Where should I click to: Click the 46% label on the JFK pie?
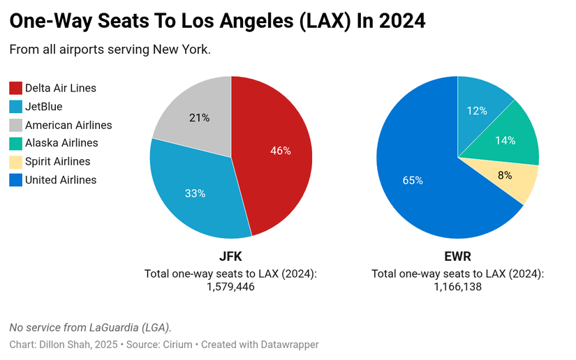click(281, 150)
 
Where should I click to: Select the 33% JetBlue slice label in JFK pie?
click(195, 193)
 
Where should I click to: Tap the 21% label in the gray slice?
click(200, 117)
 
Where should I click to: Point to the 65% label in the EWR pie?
click(413, 180)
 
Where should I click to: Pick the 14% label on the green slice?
click(505, 140)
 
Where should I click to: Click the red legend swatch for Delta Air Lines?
click(15, 89)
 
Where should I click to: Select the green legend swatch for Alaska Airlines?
click(15, 143)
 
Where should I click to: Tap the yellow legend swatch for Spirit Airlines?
click(15, 162)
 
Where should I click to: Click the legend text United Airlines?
click(61, 180)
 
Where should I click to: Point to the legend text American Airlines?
click(68, 126)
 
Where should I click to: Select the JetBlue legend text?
click(44, 107)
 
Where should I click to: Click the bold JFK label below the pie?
click(230, 256)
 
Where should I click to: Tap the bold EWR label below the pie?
click(457, 256)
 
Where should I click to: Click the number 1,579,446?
click(230, 287)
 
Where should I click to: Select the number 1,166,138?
click(457, 287)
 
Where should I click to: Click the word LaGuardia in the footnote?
click(115, 327)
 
